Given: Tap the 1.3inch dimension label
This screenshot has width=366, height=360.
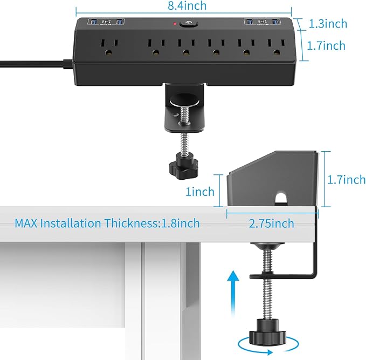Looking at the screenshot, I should click(328, 24).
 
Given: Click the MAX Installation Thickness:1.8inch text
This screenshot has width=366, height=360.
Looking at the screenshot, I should click(107, 223).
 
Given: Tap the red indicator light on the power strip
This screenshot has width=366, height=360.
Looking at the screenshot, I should click(175, 24).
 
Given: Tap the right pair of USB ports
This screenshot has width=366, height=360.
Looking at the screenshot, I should click(263, 22).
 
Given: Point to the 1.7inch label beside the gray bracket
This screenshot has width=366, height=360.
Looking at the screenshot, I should click(347, 180).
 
